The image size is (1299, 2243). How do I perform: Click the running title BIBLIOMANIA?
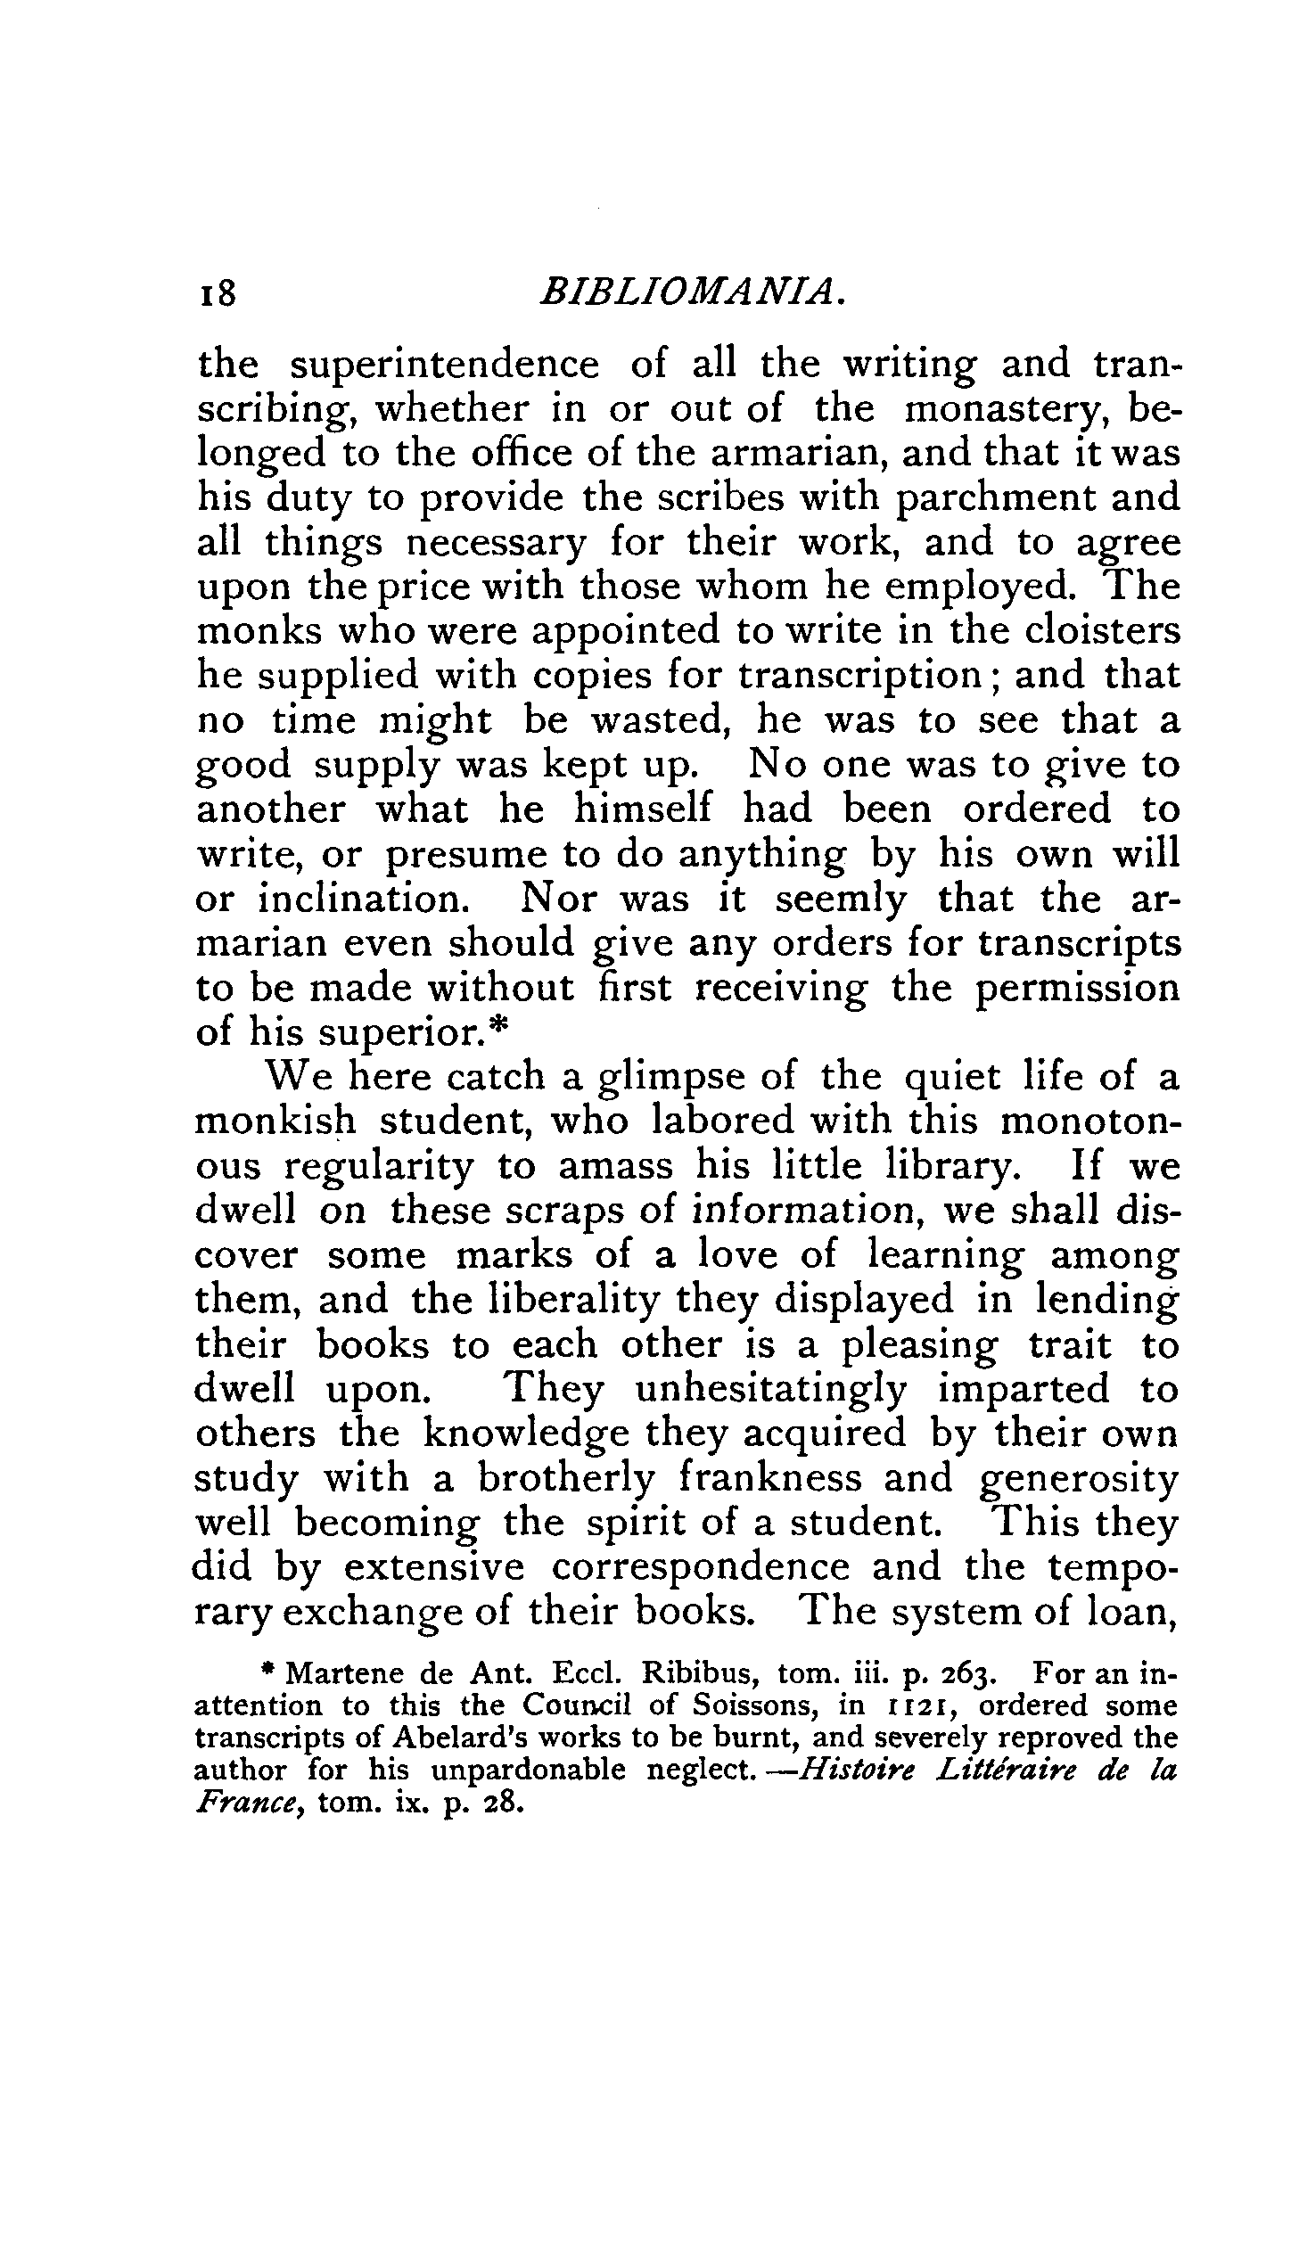pos(692,292)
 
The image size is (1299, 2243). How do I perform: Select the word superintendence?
pos(447,366)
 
